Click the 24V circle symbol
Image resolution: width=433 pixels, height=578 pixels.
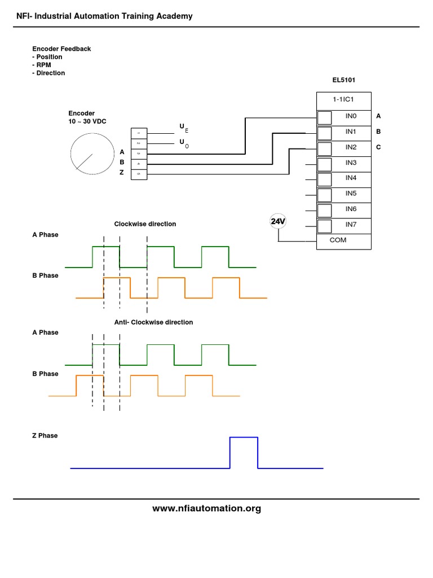point(278,222)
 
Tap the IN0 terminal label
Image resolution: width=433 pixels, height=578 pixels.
point(351,116)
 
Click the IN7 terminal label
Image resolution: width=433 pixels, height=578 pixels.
point(351,225)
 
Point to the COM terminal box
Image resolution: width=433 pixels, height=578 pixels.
point(343,241)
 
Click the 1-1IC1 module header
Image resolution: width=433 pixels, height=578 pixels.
point(343,100)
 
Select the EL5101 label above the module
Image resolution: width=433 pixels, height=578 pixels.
point(343,80)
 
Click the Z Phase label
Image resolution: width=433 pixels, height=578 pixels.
point(45,436)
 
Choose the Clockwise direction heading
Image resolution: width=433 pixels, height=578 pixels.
point(145,224)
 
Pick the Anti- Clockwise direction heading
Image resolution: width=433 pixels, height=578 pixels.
point(153,322)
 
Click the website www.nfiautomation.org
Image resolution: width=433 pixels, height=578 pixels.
point(206,509)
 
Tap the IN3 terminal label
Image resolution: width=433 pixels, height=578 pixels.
point(351,163)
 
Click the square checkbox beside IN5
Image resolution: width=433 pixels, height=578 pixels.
point(324,195)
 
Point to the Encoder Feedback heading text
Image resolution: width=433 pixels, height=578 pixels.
point(61,49)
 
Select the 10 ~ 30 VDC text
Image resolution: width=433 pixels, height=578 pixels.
point(89,121)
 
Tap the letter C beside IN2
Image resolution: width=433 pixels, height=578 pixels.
point(379,147)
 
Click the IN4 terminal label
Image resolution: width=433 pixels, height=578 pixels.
point(351,178)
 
